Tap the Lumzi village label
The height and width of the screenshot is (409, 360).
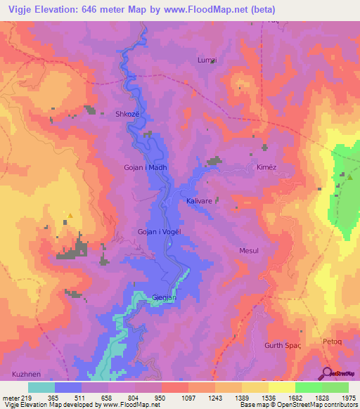click(206, 61)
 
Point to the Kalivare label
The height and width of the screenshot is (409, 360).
click(199, 201)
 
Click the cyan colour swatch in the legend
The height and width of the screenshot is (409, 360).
click(41, 387)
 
